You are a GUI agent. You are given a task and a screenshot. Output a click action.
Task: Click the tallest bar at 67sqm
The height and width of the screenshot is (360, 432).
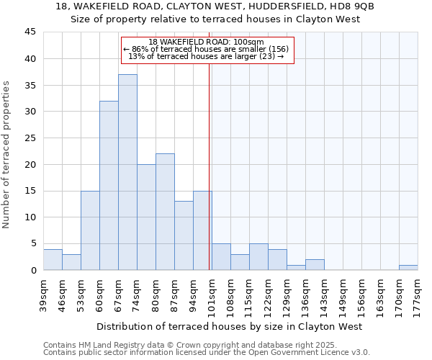(x=127, y=173)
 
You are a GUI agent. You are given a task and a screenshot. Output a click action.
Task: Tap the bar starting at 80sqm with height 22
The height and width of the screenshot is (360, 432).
(x=165, y=212)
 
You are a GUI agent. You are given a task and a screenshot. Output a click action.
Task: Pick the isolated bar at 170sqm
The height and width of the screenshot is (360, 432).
(x=408, y=267)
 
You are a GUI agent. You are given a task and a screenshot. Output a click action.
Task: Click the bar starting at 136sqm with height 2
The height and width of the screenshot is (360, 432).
(x=315, y=265)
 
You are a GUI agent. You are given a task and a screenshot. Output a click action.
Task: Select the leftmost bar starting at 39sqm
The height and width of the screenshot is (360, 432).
(x=53, y=259)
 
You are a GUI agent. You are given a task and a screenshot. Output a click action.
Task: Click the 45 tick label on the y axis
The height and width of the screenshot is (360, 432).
(x=30, y=32)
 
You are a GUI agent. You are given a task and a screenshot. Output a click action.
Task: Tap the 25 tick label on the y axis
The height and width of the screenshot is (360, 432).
(x=30, y=138)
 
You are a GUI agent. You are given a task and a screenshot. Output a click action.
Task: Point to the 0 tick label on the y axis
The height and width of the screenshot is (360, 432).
(x=32, y=270)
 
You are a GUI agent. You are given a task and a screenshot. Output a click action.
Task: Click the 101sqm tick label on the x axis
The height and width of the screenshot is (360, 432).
(x=212, y=292)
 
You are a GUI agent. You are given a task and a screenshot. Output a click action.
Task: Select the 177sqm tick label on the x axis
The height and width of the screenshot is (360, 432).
(x=418, y=292)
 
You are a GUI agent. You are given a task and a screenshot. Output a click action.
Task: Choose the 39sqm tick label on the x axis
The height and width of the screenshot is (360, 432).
(x=43, y=292)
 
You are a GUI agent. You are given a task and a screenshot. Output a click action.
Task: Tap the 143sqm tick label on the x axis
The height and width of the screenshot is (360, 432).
(x=324, y=292)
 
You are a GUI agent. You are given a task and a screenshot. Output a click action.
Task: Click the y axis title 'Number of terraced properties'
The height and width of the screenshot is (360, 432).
(x=6, y=155)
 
